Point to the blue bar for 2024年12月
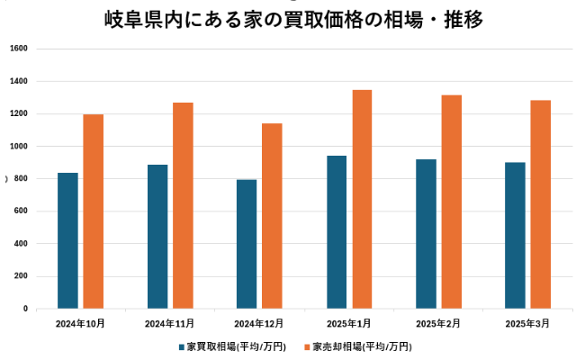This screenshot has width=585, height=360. point(247,244)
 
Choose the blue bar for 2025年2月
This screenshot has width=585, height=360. point(426,234)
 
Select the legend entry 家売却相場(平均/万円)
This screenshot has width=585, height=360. point(356,346)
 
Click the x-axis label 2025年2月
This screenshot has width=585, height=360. point(438,322)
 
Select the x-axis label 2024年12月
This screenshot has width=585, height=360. point(259,322)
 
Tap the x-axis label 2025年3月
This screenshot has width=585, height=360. point(527,322)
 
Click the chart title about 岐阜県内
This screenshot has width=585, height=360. point(293,19)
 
